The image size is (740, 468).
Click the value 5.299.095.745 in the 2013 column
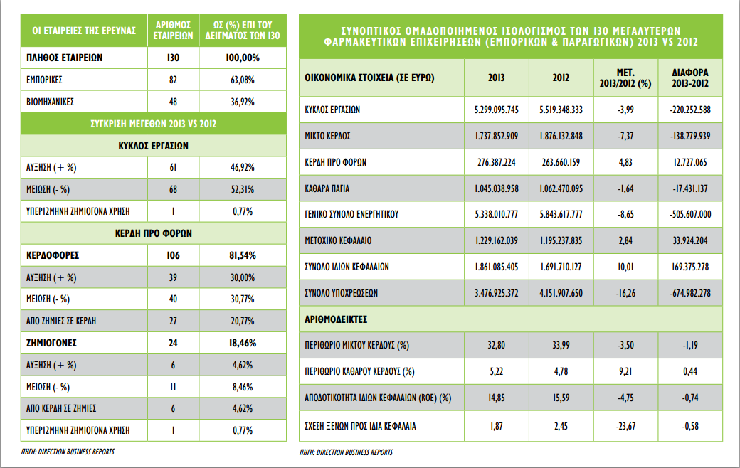coord(497,110)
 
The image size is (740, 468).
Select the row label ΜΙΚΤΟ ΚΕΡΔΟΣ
coord(327,136)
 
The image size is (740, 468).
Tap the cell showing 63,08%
coord(243,80)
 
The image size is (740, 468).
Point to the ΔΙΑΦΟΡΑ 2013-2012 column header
coord(690,78)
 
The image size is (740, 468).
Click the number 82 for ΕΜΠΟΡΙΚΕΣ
coord(173,80)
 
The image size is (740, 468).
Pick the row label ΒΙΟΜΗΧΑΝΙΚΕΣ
coord(50,102)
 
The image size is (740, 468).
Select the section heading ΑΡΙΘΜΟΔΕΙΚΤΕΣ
coord(336,319)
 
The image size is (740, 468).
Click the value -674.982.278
coord(690,293)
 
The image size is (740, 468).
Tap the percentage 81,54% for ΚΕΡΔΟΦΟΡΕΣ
coord(243,256)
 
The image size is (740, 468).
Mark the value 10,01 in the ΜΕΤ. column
coord(625,267)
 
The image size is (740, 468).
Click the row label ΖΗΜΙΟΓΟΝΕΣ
coord(51,343)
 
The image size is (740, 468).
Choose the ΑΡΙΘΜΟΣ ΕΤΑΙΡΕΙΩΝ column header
coord(173,30)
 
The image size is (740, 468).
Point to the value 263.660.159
coord(561,162)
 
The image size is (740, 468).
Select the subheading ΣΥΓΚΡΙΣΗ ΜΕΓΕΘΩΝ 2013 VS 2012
coord(154,124)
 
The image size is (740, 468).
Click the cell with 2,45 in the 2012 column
coord(561,426)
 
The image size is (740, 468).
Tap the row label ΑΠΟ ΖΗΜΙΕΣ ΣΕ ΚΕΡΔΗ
coord(61,321)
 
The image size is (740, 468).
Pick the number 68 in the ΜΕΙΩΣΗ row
coord(173,190)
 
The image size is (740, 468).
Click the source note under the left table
coord(68,452)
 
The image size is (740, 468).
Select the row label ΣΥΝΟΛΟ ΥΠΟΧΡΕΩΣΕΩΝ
coord(342,293)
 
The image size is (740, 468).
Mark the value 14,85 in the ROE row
coord(497,398)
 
